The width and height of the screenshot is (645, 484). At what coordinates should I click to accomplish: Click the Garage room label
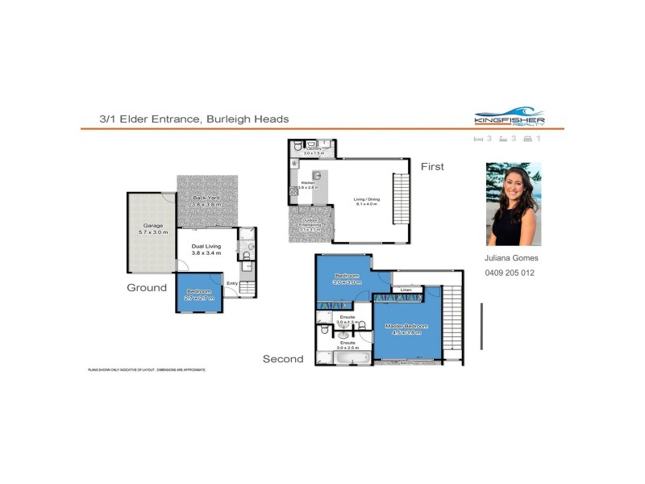click(153, 228)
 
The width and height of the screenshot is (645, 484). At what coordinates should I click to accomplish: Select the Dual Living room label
click(206, 249)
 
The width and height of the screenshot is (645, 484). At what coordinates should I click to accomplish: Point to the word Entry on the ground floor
click(232, 283)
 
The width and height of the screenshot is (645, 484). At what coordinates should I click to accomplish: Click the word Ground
click(147, 287)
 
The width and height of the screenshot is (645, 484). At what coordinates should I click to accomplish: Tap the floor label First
click(432, 166)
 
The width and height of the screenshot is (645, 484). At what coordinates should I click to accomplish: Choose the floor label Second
click(283, 359)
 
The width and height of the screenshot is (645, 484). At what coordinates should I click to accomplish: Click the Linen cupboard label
click(406, 290)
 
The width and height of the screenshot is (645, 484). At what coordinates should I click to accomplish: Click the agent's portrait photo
click(514, 204)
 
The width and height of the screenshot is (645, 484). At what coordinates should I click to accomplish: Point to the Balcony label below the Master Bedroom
click(410, 363)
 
